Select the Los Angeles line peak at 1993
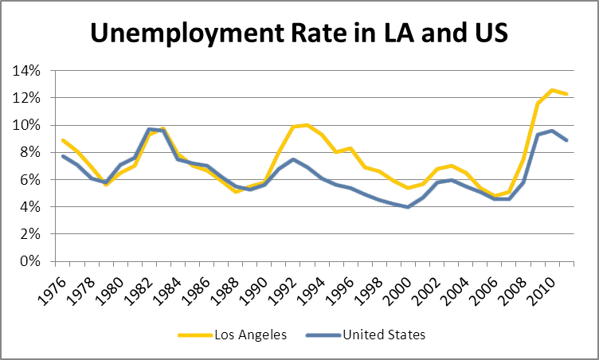click(x=307, y=125)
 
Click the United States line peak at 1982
click(x=149, y=129)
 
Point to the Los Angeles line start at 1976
click(x=62, y=140)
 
